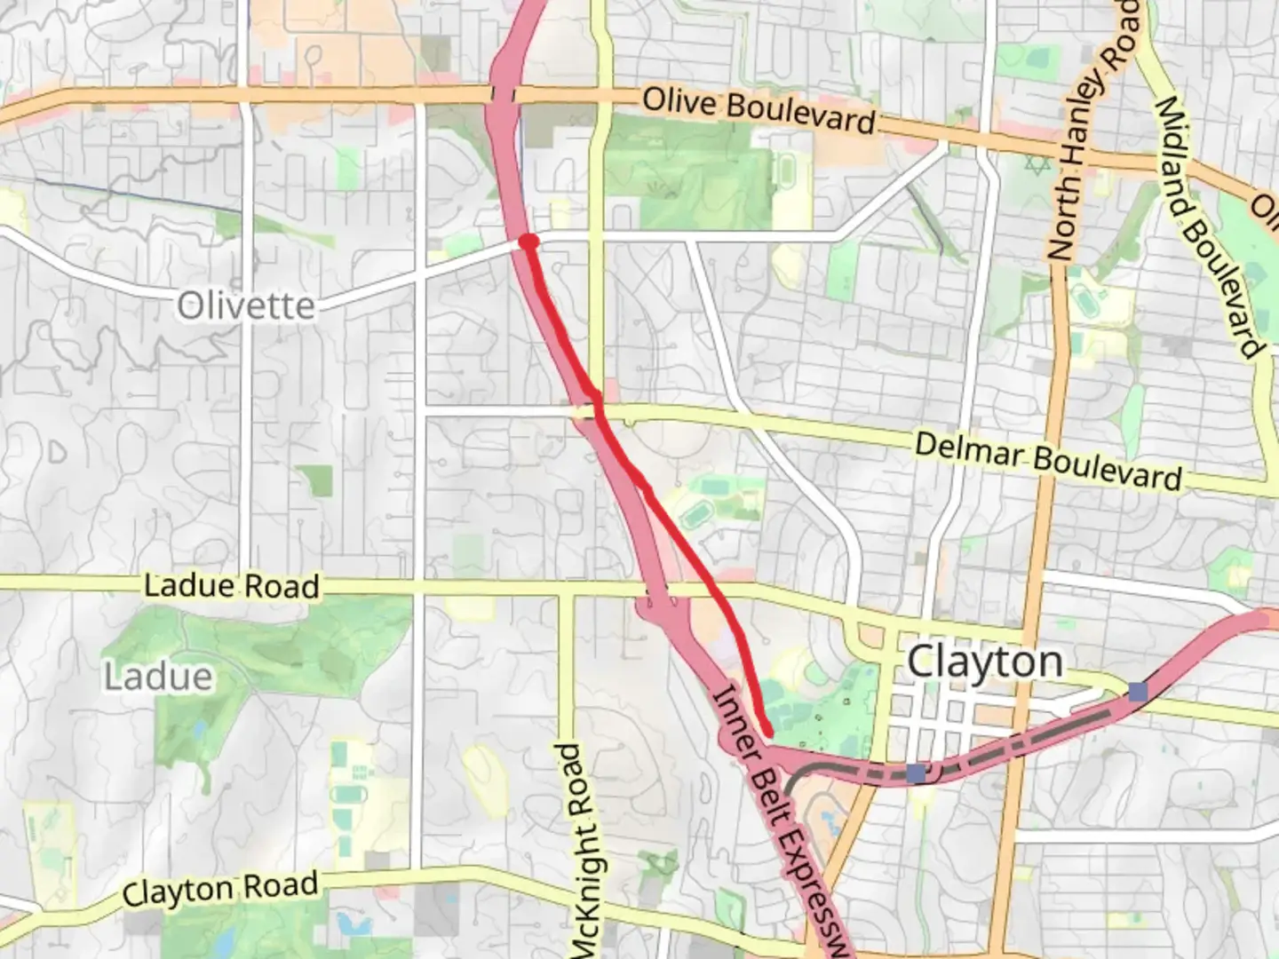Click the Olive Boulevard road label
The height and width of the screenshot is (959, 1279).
tap(759, 110)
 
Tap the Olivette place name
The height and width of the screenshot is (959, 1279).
tap(246, 306)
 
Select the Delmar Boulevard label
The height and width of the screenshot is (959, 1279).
tap(1048, 461)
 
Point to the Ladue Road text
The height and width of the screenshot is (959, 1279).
tap(232, 586)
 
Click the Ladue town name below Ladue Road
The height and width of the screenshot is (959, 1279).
tap(158, 677)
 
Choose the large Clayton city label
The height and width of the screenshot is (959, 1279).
tap(985, 662)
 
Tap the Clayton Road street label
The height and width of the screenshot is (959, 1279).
tap(220, 890)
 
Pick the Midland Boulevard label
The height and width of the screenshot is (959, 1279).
tap(1208, 226)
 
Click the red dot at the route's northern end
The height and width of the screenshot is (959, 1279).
tap(528, 242)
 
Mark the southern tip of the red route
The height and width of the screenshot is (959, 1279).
tap(767, 731)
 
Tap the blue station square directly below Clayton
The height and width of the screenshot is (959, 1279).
tap(916, 773)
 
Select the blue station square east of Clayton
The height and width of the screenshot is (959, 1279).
tap(1138, 692)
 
